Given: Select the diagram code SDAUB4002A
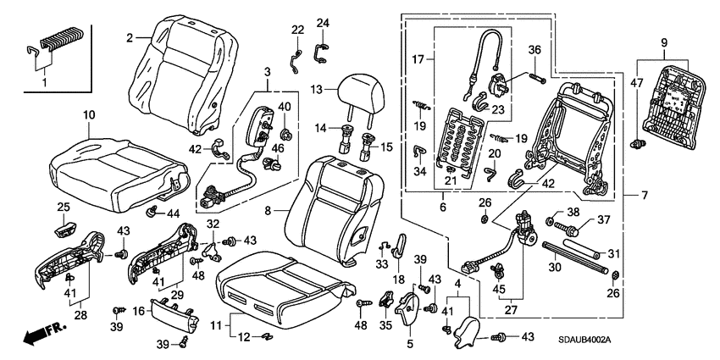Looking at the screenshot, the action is coord(584,341).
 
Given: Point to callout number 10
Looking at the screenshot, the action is coord(89,115).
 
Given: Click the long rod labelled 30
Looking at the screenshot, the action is coord(575,258).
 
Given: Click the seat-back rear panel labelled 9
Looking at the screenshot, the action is coord(674,107).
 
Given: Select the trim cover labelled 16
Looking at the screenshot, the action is coord(174,317).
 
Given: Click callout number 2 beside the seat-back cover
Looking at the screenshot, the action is coord(130,38).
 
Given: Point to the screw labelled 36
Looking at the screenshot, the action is coord(536,78).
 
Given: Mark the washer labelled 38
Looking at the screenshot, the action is coord(550,222).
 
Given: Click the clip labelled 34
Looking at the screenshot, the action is coord(418,150).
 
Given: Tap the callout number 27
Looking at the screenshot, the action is coord(511,310).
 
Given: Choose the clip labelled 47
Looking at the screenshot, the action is coord(638,143).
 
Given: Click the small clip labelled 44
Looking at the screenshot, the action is coord(152,212).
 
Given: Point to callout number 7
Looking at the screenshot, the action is coord(645,196).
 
